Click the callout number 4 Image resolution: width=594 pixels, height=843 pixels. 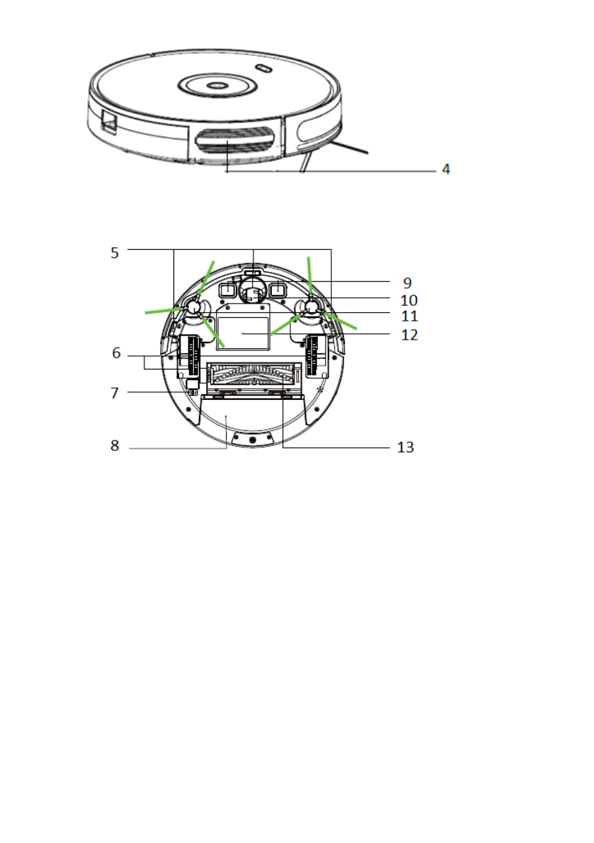445,169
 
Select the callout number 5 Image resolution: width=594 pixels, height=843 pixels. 115,253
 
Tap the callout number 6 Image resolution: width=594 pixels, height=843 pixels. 116,352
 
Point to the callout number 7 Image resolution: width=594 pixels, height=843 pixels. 115,393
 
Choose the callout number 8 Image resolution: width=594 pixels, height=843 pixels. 115,446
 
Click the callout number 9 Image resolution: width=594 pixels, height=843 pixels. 408,283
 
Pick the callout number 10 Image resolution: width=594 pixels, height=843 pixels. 409,300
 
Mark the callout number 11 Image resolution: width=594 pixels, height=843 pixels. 410,316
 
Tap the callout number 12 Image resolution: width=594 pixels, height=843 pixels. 410,335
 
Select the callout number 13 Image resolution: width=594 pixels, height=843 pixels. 405,447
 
